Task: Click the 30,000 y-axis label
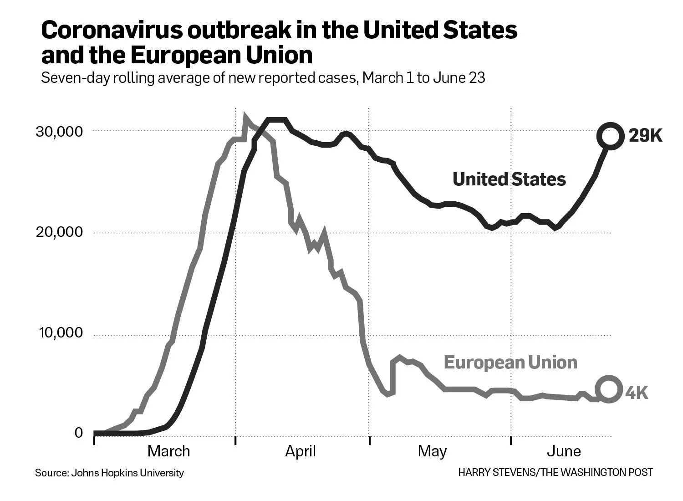(60, 132)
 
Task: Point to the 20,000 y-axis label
(60, 232)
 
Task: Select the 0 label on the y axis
(79, 433)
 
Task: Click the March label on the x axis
(168, 451)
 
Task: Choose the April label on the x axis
(301, 451)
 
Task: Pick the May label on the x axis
(432, 451)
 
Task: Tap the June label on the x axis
(564, 451)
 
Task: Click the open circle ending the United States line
(610, 136)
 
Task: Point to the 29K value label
(645, 136)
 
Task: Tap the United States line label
(509, 179)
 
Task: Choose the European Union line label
(510, 363)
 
